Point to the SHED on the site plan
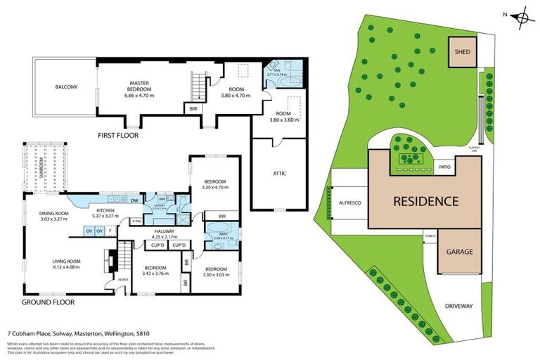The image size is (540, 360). (x=462, y=52)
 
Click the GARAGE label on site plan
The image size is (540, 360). (x=461, y=252)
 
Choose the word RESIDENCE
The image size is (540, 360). (x=425, y=201)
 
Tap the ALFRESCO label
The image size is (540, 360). (x=349, y=202)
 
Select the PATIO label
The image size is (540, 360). (x=444, y=167)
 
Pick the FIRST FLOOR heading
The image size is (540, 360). (x=117, y=135)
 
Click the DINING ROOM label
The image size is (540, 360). (x=54, y=214)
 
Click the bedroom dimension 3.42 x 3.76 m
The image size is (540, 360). (x=155, y=274)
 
